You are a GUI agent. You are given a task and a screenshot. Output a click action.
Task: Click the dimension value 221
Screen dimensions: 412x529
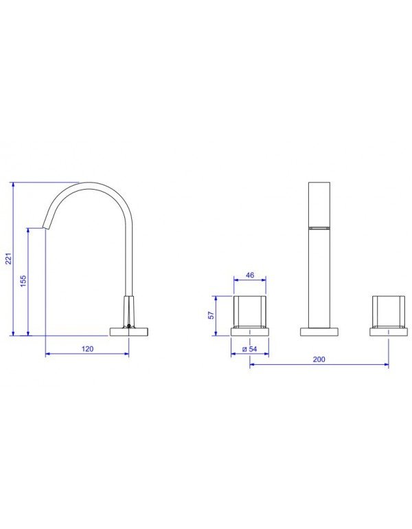9,258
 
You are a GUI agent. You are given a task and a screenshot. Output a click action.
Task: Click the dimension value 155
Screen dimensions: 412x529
23,281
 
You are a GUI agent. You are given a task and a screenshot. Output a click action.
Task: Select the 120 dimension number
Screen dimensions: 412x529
87,349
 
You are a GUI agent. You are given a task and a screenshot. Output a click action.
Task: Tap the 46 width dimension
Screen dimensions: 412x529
249,275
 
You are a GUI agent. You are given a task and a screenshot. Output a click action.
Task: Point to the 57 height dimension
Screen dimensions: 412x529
211,315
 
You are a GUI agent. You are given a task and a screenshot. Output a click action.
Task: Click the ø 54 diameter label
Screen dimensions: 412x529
250,349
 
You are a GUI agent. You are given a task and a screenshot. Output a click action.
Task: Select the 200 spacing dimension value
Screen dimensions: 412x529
319,359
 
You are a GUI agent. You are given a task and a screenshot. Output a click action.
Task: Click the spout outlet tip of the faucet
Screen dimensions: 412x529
47,227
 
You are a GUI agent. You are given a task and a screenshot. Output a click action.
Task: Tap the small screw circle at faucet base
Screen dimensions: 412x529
128,326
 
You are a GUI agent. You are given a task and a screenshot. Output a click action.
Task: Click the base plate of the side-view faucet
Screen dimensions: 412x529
129,332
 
